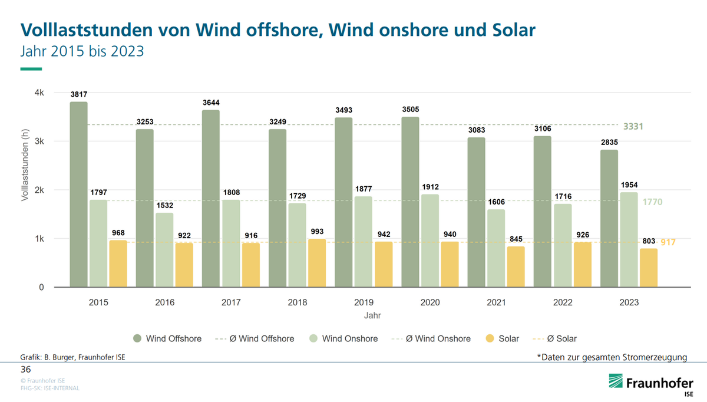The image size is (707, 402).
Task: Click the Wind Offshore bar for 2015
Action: [x=78, y=195]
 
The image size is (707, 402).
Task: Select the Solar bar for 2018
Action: [x=316, y=263]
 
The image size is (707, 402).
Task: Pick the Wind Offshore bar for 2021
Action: [x=476, y=212]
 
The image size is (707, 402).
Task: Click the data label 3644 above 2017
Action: [x=210, y=103]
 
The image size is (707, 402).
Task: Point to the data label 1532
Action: [x=164, y=205]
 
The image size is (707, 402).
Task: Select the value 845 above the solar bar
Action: [x=516, y=239]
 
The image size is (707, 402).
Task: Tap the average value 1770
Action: [x=652, y=202]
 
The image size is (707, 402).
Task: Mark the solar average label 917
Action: [x=668, y=242]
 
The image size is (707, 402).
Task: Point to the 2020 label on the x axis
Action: [x=430, y=302]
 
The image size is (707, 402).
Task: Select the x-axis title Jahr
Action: [x=372, y=315]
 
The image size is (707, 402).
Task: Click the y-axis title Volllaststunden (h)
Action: [x=25, y=166]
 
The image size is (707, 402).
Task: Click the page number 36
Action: [x=25, y=370]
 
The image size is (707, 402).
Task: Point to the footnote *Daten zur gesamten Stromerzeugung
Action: [x=612, y=357]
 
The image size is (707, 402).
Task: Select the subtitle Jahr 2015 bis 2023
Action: [x=82, y=51]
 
